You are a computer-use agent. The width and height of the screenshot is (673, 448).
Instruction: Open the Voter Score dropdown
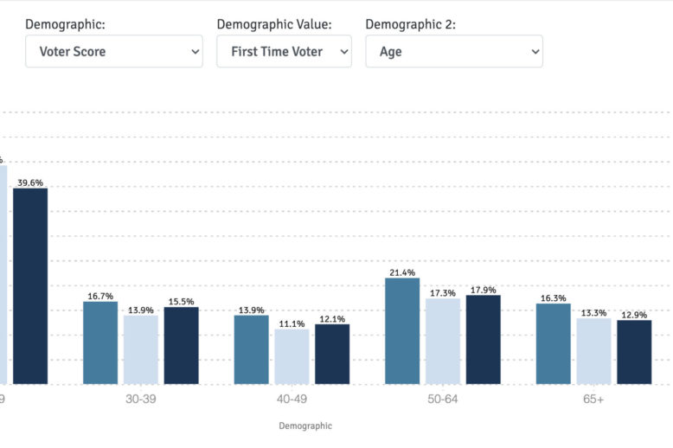click(113, 52)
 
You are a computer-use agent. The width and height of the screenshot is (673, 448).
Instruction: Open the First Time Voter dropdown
click(284, 52)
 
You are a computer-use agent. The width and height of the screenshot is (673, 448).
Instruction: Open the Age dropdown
click(454, 52)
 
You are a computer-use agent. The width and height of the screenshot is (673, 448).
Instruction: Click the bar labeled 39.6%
click(30, 285)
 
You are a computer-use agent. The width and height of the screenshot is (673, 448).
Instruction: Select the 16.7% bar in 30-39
click(100, 342)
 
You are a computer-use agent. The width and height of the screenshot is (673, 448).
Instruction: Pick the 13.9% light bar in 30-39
click(141, 349)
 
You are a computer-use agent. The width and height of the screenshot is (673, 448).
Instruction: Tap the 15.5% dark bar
click(181, 345)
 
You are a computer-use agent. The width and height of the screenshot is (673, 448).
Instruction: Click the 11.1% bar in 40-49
click(292, 356)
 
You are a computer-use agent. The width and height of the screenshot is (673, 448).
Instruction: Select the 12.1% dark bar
click(332, 354)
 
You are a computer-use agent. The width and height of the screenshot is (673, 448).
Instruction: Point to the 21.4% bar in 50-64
click(402, 330)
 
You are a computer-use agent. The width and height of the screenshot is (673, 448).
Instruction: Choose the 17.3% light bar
click(442, 341)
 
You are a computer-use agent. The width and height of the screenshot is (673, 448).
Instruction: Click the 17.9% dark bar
click(483, 339)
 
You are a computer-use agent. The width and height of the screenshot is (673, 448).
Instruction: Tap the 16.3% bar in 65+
click(554, 343)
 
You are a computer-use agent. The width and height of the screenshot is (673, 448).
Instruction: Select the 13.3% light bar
click(593, 351)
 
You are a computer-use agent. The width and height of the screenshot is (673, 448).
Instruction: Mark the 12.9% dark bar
click(634, 352)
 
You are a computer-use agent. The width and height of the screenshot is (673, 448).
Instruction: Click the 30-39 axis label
click(141, 399)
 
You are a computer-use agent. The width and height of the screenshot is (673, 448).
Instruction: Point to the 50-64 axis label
click(442, 399)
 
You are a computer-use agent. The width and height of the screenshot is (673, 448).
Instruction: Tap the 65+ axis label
click(593, 399)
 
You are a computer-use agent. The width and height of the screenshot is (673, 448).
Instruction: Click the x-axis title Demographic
click(305, 426)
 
